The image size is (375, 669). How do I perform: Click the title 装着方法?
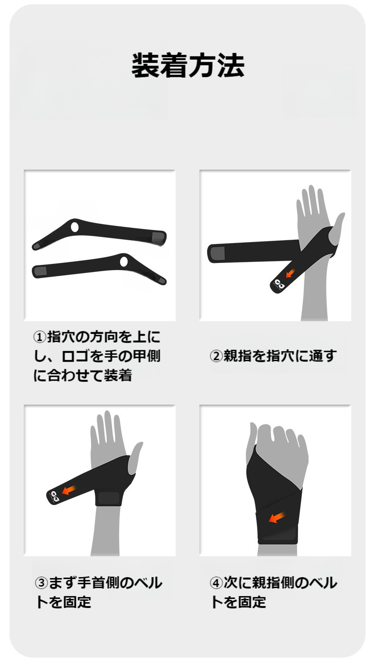click(x=188, y=65)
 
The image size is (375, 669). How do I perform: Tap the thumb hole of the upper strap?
click(x=75, y=227)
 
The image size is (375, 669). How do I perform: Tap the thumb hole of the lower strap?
click(x=123, y=262)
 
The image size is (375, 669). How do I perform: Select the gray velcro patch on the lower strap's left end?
click(x=40, y=271)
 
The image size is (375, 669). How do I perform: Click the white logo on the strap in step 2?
click(x=280, y=284)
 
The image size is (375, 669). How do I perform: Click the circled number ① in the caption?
click(x=39, y=337)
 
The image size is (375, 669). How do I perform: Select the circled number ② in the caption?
click(x=216, y=356)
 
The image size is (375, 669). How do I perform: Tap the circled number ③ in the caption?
click(x=41, y=583)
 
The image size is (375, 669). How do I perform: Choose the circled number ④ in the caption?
click(x=216, y=583)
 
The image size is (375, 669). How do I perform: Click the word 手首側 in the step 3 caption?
click(x=99, y=583)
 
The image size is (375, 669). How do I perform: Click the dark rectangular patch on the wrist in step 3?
click(x=109, y=498)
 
